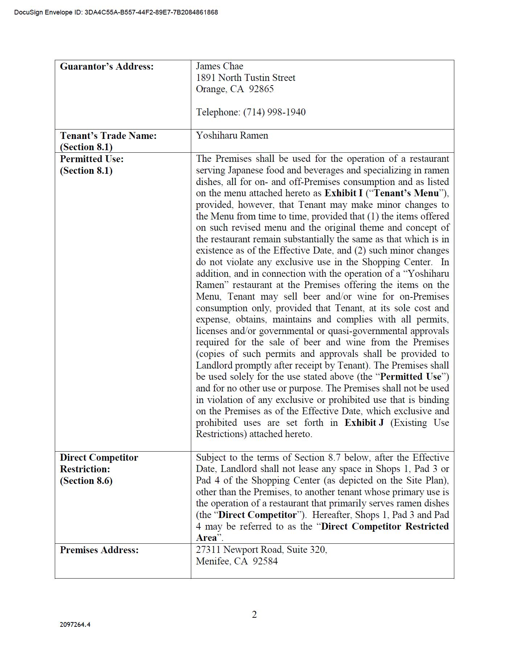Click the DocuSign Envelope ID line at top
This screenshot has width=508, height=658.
116,12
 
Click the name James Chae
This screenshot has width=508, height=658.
220,66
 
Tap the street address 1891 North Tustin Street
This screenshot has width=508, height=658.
246,78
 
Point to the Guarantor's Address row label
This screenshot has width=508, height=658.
107,66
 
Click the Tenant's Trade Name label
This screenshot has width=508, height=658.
108,136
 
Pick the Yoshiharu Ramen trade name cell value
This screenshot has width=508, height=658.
232,135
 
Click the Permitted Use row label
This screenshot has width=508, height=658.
92,159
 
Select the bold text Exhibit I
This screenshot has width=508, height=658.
343,193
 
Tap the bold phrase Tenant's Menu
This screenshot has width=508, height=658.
406,193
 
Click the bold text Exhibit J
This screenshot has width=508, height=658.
364,423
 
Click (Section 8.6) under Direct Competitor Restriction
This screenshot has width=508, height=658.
86,481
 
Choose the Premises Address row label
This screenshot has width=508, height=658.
99,550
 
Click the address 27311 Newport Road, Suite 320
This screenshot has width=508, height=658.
261,550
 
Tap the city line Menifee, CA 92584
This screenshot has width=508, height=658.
237,561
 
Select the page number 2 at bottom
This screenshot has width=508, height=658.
254,614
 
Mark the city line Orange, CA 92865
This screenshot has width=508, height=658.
235,89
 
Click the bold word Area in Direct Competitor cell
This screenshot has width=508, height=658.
206,538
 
